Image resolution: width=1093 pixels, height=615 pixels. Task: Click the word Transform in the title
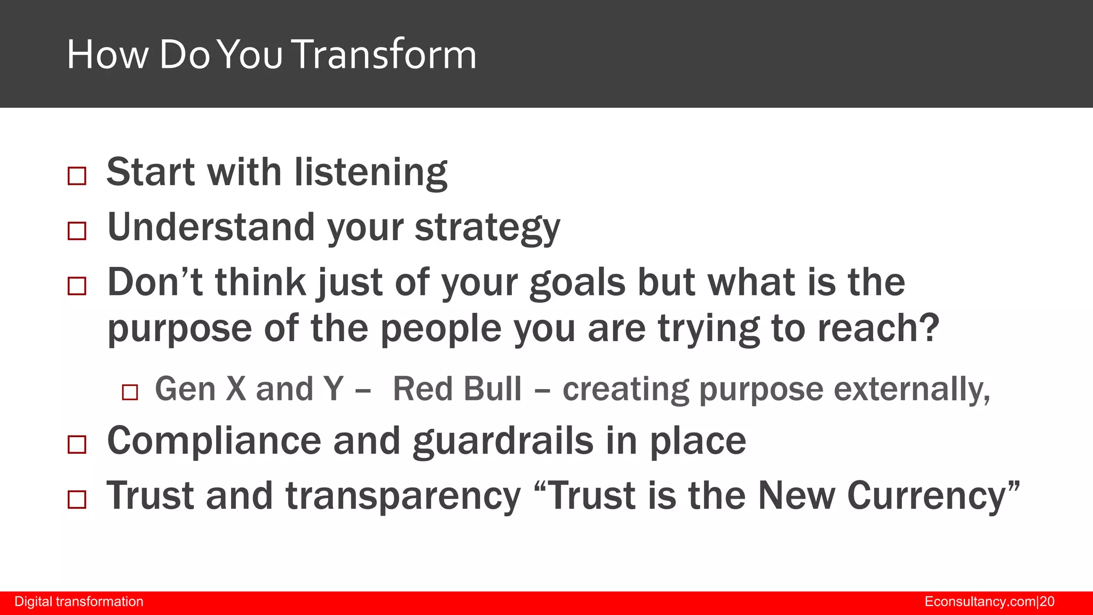385,54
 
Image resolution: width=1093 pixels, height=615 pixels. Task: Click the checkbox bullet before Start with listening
77,176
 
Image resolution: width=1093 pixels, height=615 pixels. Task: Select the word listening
371,173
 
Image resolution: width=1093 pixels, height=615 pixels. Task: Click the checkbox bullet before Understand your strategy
77,231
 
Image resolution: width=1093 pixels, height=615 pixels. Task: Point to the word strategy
487,228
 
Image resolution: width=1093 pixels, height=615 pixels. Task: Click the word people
441,329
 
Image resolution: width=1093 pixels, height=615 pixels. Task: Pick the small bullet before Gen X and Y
130,392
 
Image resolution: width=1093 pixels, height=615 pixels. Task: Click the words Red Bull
457,389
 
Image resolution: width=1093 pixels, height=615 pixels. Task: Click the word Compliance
214,441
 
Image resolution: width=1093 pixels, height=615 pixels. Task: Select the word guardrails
503,441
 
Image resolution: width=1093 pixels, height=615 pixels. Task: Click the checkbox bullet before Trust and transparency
77,500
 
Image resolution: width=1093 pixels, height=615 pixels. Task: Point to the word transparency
403,496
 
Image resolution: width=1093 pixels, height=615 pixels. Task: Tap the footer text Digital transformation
79,602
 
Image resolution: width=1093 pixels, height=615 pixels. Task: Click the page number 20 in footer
1047,602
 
